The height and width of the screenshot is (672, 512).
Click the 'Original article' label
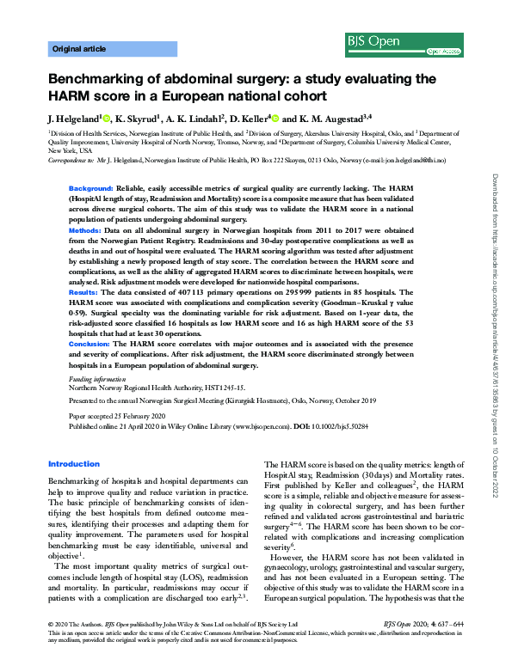click(80, 49)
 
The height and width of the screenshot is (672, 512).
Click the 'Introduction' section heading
click(74, 464)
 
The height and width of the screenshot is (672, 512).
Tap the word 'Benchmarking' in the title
click(107, 79)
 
